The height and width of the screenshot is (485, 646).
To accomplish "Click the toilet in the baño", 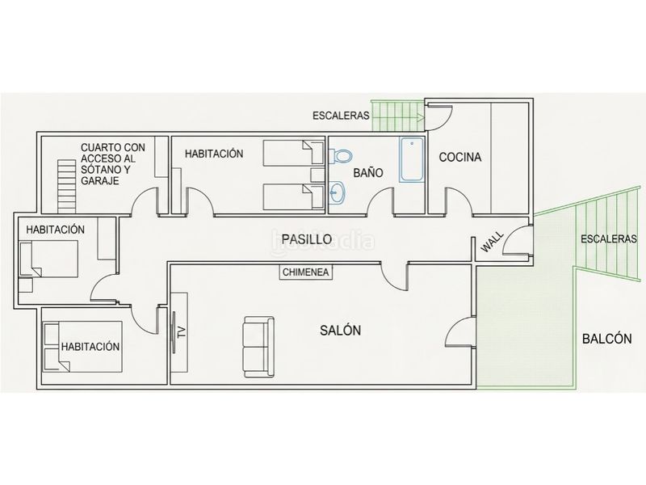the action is pyautogui.click(x=340, y=156).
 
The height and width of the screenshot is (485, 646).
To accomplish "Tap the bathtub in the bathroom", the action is pyautogui.click(x=412, y=159).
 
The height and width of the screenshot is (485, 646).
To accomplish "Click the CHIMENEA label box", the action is pyautogui.click(x=306, y=272).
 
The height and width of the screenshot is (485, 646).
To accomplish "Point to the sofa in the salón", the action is pyautogui.click(x=258, y=347).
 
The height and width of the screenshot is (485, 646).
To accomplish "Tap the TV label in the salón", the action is pyautogui.click(x=181, y=332).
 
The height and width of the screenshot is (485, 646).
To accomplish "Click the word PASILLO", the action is pyautogui.click(x=307, y=239).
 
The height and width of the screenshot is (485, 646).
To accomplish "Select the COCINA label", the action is pyautogui.click(x=459, y=157).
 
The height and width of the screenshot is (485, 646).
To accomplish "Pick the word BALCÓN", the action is pyautogui.click(x=607, y=339).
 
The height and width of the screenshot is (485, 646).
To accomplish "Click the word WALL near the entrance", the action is pyautogui.click(x=493, y=242).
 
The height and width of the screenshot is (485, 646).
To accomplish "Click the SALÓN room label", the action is pyautogui.click(x=340, y=331).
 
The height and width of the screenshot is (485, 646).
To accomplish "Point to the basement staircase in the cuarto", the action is pyautogui.click(x=67, y=186).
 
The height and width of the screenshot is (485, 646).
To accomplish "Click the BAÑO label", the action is pyautogui.click(x=368, y=173).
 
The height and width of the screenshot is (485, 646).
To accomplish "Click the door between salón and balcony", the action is pyautogui.click(x=461, y=332).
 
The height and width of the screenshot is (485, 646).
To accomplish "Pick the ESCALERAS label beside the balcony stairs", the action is pyautogui.click(x=609, y=238).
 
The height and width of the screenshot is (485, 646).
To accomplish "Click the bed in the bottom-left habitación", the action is pyautogui.click(x=83, y=347).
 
